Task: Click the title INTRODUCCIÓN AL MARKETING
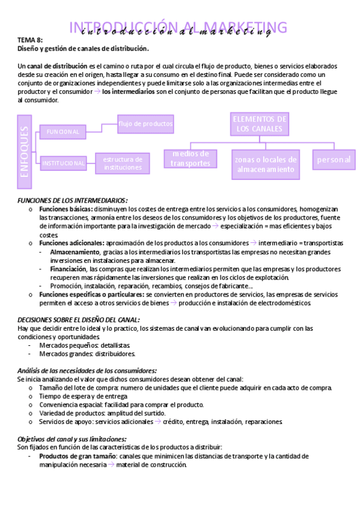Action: pos(178,28)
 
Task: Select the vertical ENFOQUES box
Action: pos(25,151)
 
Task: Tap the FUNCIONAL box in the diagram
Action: pos(63,132)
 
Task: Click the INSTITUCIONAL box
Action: pos(63,163)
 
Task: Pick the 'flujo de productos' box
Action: pos(146,124)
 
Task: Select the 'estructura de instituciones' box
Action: pos(123,163)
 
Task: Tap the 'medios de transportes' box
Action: pos(191,159)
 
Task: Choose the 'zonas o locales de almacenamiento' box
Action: pos(266,164)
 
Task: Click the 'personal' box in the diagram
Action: pos(334,159)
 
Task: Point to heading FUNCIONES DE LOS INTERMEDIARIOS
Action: pos(72,200)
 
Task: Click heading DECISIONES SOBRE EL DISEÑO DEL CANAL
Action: pos(79,320)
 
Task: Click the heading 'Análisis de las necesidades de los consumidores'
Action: pos(87,370)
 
